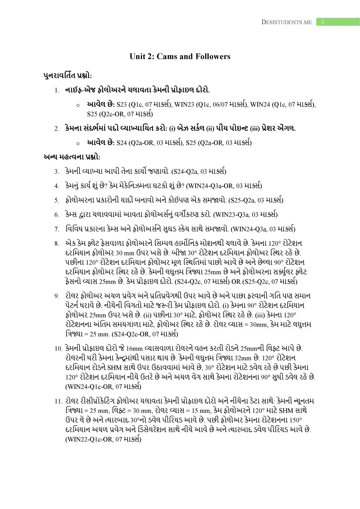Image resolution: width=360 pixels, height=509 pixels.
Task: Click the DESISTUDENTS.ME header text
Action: [x=287, y=22]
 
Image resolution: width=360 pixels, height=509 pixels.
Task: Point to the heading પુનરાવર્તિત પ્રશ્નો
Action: [x=68, y=76]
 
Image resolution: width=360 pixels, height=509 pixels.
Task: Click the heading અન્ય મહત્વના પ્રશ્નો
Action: [x=72, y=157]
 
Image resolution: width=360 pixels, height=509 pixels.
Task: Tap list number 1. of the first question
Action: [x=57, y=90]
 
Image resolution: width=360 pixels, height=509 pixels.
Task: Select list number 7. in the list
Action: [x=57, y=229]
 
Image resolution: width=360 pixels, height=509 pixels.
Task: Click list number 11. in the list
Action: [x=58, y=401]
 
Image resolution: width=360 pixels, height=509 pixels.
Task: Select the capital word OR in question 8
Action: [x=236, y=282]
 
